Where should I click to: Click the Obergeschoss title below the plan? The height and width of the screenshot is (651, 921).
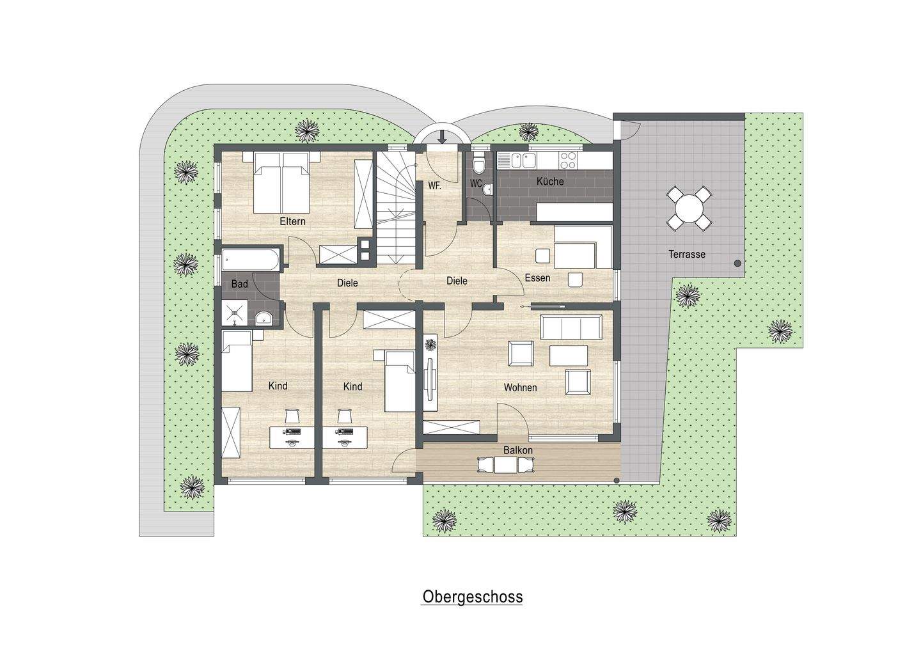[x=472, y=597]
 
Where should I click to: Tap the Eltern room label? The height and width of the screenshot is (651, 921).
[x=292, y=222]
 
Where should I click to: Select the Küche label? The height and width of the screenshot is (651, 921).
[x=550, y=182]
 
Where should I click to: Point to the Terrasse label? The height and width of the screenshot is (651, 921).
[x=687, y=254]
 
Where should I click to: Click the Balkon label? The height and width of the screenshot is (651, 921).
[x=517, y=450]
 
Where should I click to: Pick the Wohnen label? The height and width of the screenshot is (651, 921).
[x=520, y=388]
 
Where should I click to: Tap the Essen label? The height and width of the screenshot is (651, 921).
[x=537, y=278]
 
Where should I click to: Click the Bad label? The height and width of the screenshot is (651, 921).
[x=239, y=284]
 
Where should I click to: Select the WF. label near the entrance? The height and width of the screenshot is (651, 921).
[x=435, y=186]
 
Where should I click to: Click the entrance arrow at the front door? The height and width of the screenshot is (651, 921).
[x=442, y=136]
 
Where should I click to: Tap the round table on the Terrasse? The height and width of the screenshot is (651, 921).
[x=688, y=208]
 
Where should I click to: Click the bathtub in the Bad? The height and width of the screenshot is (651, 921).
[x=251, y=261]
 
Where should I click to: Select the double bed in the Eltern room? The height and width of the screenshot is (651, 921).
[x=282, y=182]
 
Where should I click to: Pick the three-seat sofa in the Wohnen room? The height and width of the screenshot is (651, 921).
[x=571, y=328]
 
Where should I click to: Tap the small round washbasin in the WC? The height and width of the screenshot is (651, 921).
[x=488, y=189]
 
